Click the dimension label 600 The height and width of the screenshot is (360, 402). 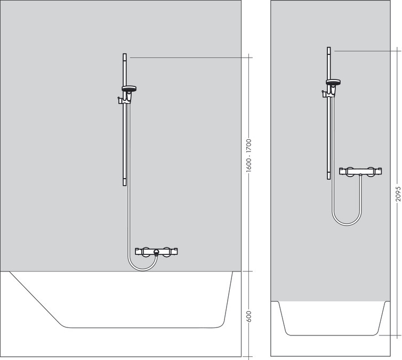click(x=248, y=316)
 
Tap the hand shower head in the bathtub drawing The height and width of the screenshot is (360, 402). click(x=128, y=89)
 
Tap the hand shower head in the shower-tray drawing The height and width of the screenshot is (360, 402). click(x=333, y=82)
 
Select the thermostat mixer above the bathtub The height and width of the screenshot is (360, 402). click(x=156, y=251)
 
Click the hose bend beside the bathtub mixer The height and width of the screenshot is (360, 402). click(x=131, y=264)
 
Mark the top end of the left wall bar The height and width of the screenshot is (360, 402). click(x=125, y=55)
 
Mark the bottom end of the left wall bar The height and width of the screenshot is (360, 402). click(x=125, y=183)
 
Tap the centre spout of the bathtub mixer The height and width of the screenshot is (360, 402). click(x=156, y=252)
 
